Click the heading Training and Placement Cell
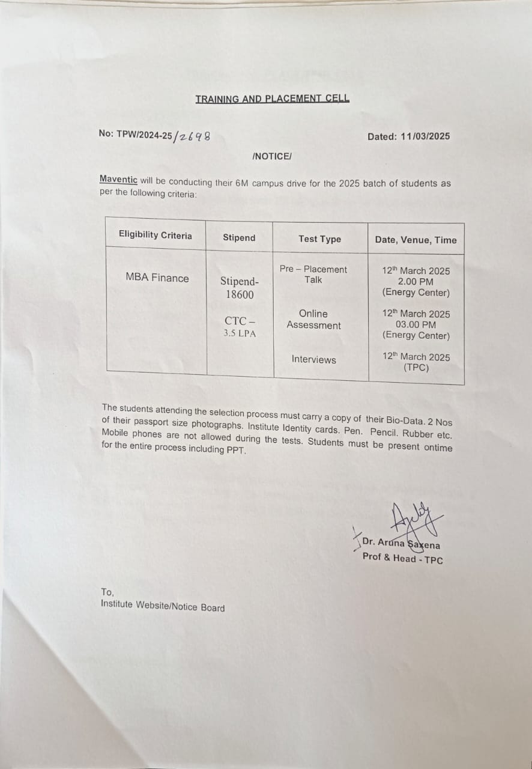click(272, 99)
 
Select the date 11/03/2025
click(426, 136)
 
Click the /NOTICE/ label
click(272, 156)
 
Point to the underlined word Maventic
click(118, 180)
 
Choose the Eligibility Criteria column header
click(156, 235)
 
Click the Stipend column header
click(239, 237)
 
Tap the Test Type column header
click(319, 239)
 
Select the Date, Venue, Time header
click(416, 240)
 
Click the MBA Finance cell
click(157, 278)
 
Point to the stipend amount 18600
click(240, 294)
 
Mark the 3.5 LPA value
click(240, 333)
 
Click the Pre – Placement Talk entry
click(313, 274)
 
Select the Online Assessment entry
click(313, 319)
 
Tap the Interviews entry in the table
click(313, 359)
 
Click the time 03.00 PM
click(416, 324)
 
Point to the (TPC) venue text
click(416, 368)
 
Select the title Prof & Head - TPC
click(402, 558)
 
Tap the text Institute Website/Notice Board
click(163, 606)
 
